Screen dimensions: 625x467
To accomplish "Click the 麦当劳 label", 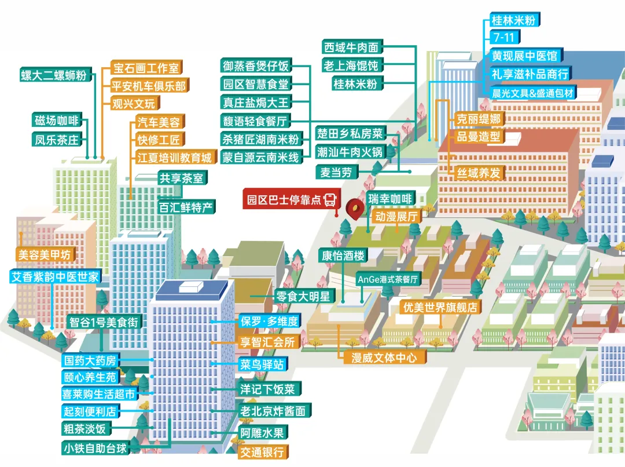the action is coord(337,172).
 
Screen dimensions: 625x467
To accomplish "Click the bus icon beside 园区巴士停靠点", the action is coord(330,200).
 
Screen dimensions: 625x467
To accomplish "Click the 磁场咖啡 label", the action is coord(56,121).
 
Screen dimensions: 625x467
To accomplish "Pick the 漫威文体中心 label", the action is coord(384,357).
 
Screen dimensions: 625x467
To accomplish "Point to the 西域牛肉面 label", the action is coord(351,47).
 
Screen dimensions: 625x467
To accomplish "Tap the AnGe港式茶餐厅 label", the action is coord(388,279).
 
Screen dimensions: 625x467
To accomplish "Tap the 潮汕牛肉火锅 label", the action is coord(350,152).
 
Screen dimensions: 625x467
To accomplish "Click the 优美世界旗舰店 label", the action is coord(440,308).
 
